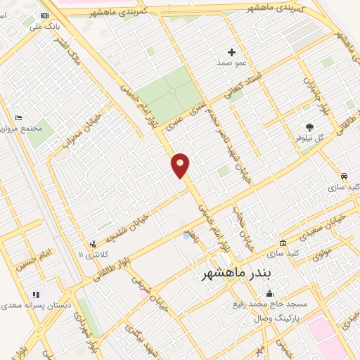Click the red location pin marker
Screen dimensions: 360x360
[181, 165]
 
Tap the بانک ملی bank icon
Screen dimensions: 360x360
[45, 15]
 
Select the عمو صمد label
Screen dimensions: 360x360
[232, 63]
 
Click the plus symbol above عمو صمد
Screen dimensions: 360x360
[232, 52]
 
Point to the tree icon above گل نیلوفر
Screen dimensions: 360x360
[310, 127]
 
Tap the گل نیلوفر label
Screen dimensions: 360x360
[310, 138]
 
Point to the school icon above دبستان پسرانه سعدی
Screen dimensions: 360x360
[35, 294]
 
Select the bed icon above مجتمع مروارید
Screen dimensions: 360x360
[18, 117]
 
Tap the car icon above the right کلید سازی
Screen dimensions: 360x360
[343, 176]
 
